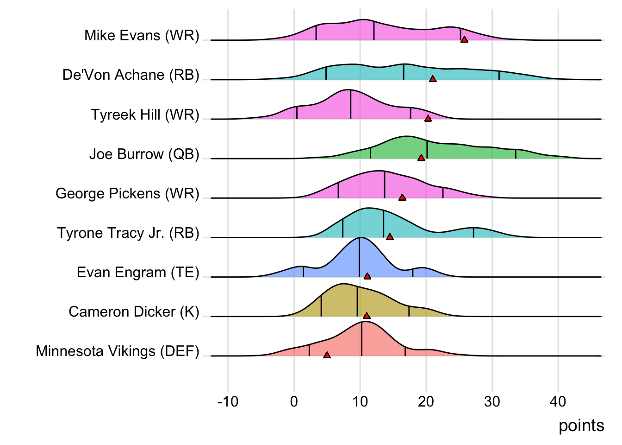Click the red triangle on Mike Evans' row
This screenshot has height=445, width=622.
coord(464,39)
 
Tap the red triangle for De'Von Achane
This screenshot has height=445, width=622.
coord(433,79)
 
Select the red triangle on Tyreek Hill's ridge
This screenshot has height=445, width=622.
coord(428,118)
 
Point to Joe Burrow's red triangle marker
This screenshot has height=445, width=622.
coord(421,158)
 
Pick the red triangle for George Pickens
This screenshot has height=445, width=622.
coord(402,197)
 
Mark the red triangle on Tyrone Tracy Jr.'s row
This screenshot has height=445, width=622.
coord(390,237)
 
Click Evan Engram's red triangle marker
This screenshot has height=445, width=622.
coord(367,276)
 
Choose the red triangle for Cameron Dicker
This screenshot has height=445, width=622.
coord(367,316)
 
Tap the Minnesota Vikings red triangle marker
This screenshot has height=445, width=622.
coord(327,355)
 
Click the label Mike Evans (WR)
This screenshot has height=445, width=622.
coord(142,35)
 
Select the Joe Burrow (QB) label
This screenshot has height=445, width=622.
coord(144,154)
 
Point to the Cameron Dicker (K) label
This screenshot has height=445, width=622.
coord(134,311)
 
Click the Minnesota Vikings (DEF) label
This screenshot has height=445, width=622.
coord(118,351)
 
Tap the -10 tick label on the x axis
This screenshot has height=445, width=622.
coord(228,401)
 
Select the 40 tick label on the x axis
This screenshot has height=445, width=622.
coord(558,401)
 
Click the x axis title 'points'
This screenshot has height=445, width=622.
coord(581,426)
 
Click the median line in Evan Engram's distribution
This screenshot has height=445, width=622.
coord(360,257)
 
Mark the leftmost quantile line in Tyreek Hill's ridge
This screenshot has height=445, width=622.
coord(297,113)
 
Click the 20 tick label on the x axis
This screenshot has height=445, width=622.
coord(426,401)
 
